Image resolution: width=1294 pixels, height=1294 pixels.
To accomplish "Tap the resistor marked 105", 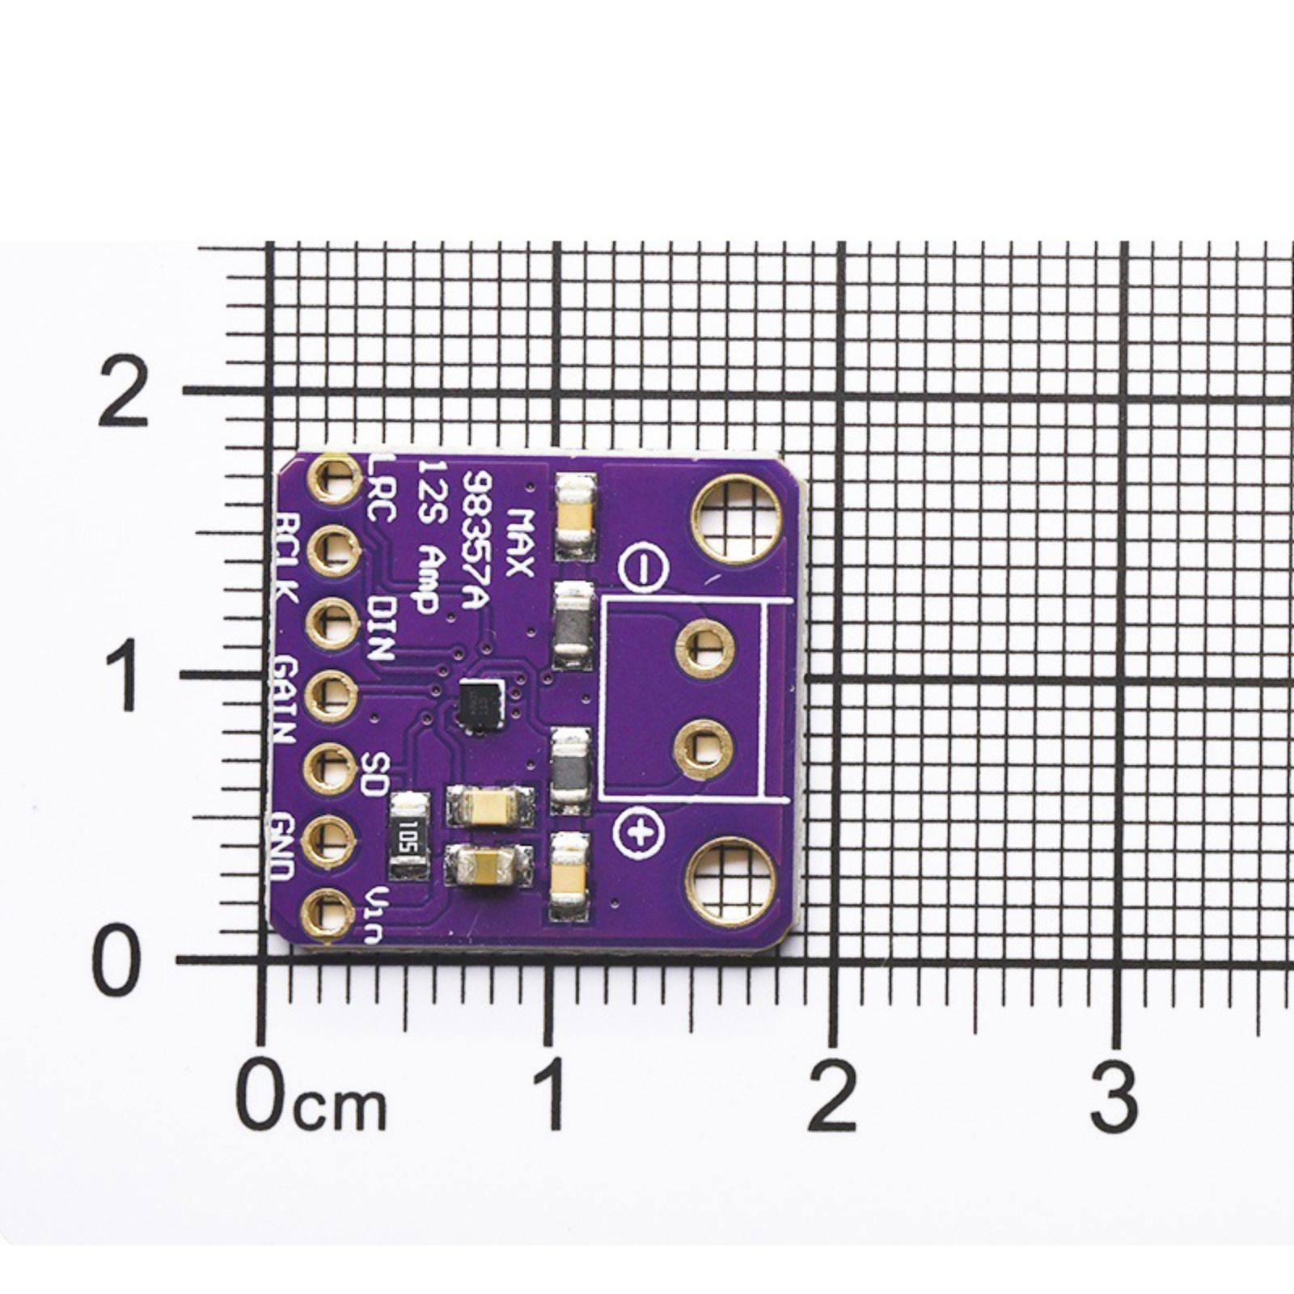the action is (409, 835).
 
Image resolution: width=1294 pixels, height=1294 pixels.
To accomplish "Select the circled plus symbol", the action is (639, 832).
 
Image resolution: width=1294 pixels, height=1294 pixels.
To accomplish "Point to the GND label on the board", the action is (283, 848).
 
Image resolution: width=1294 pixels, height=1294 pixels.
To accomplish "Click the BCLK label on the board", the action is (287, 557).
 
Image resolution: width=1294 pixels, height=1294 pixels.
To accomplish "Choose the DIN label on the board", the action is (379, 628).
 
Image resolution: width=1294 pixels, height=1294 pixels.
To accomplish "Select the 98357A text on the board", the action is (476, 543).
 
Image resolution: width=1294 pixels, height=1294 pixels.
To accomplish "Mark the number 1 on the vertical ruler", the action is (122, 676).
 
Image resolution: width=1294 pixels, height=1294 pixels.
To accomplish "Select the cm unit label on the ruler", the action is (340, 1107).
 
